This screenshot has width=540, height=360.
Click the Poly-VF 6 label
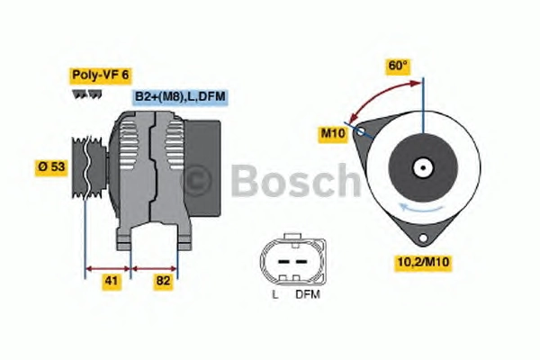pyautogui.click(x=101, y=75)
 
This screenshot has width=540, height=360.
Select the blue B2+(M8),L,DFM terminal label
pyautogui.click(x=180, y=96)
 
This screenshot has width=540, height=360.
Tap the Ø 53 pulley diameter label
pyautogui.click(x=51, y=166)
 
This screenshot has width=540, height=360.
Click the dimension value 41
pyautogui.click(x=112, y=281)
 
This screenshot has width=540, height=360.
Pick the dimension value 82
pyautogui.click(x=163, y=281)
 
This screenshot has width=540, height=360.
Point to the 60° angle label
pyautogui.click(x=398, y=66)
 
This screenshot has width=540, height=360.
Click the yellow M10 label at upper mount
pyautogui.click(x=333, y=133)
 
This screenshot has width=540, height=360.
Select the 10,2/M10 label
pyautogui.click(x=423, y=262)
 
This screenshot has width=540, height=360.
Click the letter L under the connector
pyautogui.click(x=275, y=294)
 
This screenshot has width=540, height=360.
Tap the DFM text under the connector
pyautogui.click(x=308, y=294)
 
